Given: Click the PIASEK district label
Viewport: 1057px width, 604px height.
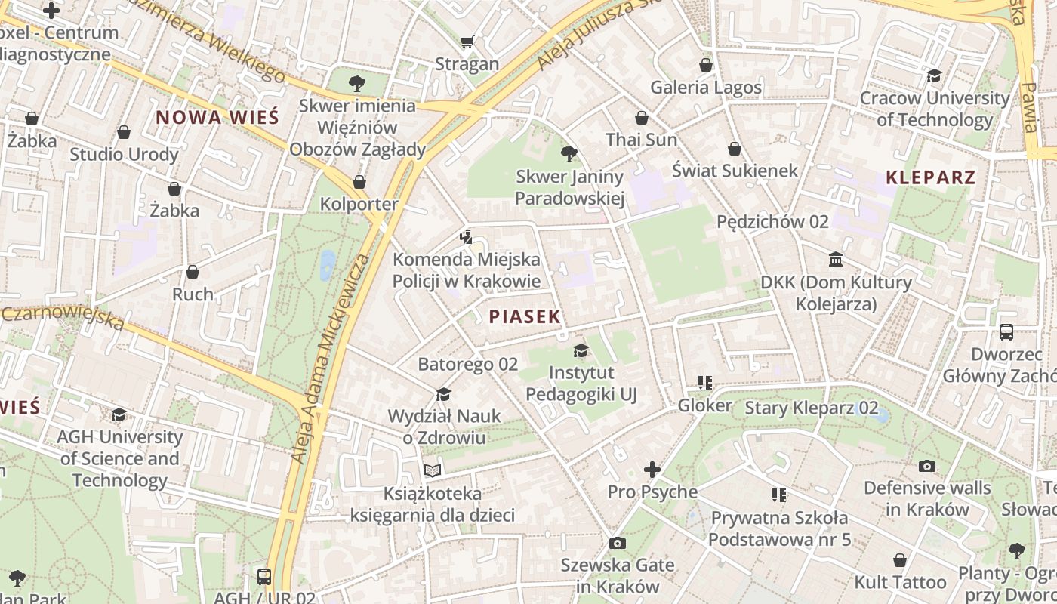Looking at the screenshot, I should (525, 316).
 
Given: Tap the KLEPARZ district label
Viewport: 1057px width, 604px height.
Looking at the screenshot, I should (931, 178).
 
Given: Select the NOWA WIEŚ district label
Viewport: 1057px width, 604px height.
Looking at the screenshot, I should (217, 117).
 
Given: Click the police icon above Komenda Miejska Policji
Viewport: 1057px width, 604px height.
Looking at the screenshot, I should (467, 237).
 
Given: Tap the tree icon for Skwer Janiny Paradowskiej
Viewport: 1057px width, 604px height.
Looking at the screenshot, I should (569, 155).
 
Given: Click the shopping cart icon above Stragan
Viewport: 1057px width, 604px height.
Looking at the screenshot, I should (467, 42).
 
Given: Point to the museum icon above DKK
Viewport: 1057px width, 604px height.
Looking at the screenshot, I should (836, 260).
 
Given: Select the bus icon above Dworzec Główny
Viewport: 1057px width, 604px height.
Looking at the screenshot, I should (1006, 332).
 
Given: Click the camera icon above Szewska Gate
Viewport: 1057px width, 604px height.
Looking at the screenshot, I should (617, 544).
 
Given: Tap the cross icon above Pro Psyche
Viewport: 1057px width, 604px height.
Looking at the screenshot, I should (652, 470).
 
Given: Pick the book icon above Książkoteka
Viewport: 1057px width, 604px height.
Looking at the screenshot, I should (432, 471).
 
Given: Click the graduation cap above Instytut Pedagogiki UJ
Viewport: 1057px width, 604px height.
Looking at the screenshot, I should (581, 350).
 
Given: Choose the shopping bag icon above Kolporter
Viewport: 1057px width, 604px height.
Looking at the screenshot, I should (359, 182).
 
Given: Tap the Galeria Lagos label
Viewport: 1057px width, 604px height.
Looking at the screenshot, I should (706, 88).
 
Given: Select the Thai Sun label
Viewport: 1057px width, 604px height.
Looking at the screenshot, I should (641, 140).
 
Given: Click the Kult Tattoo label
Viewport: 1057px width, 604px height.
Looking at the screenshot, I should (900, 582).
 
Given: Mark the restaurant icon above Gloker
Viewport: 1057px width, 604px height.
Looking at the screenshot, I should (705, 383).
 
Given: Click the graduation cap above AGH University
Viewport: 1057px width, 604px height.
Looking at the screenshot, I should (119, 414).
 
